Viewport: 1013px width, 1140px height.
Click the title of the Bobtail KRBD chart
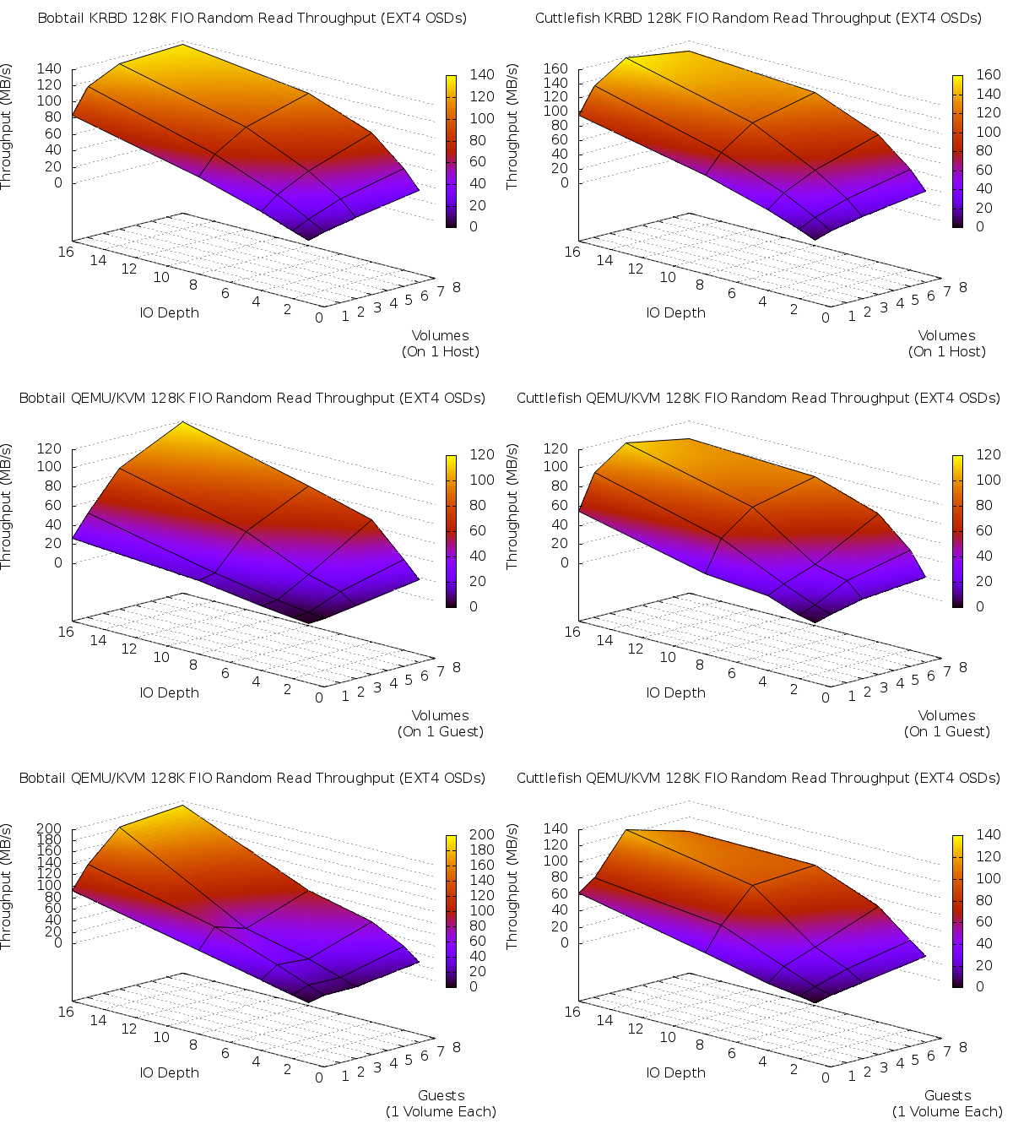pyautogui.click(x=252, y=18)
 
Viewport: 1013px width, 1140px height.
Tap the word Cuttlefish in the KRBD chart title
pyautogui.click(x=567, y=18)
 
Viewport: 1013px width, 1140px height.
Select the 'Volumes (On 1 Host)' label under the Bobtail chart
pyautogui.click(x=441, y=344)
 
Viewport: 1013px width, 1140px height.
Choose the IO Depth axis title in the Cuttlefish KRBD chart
pyautogui.click(x=675, y=312)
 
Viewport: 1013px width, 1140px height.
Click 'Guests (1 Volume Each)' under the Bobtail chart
pyautogui.click(x=441, y=1104)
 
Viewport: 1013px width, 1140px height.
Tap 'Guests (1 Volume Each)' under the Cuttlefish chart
pyautogui.click(x=947, y=1104)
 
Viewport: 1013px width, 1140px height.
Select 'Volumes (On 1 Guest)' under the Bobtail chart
pyautogui.click(x=441, y=724)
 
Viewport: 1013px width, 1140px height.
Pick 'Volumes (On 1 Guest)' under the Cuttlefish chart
pyautogui.click(x=947, y=724)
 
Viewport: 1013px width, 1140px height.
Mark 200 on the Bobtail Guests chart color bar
pyautogui.click(x=482, y=834)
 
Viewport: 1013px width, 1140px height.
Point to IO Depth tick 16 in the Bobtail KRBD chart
pyautogui.click(x=66, y=251)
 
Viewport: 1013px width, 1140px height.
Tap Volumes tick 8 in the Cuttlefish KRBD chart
pyautogui.click(x=963, y=287)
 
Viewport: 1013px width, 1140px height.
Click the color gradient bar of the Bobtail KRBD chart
pyautogui.click(x=452, y=150)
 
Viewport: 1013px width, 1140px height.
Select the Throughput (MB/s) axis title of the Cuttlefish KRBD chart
pyautogui.click(x=512, y=127)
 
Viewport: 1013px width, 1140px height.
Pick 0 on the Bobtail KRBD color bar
pyautogui.click(x=474, y=226)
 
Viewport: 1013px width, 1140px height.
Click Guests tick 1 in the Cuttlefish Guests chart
pyautogui.click(x=851, y=1076)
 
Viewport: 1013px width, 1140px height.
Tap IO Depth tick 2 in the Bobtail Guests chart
pyautogui.click(x=288, y=1069)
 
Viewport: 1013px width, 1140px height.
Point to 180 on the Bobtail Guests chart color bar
pyautogui.click(x=482, y=850)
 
